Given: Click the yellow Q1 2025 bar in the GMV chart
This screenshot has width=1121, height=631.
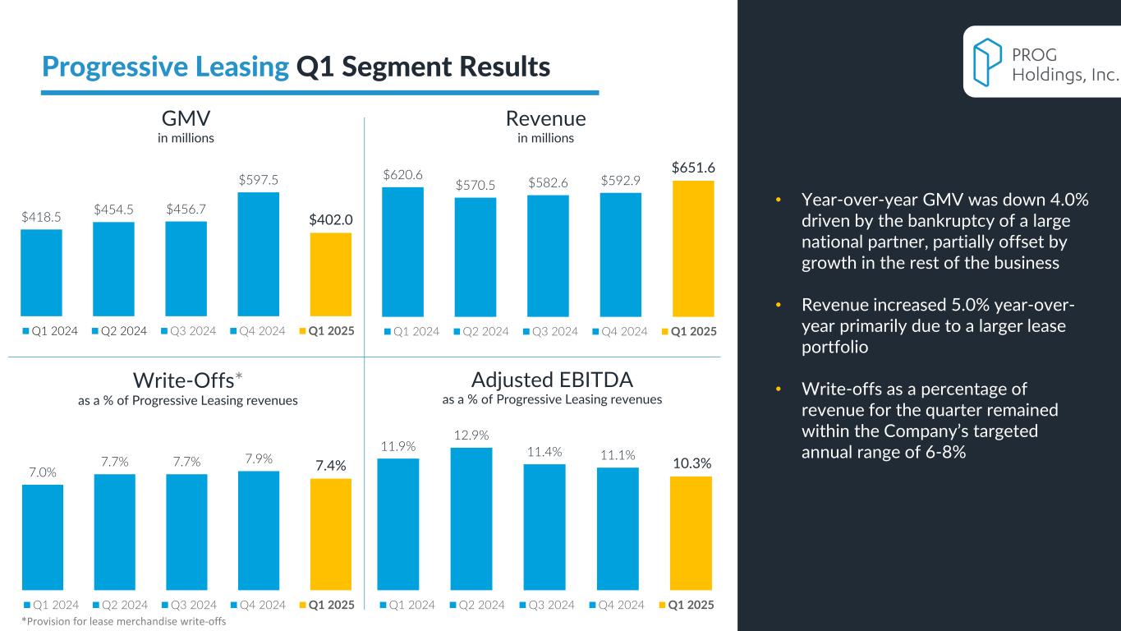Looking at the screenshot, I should point(331,274).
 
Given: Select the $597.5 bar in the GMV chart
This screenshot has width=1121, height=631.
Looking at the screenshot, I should point(259,254).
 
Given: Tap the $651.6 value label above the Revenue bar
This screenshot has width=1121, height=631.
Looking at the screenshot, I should point(693,168).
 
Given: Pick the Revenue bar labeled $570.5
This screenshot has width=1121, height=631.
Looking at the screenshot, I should point(476,256).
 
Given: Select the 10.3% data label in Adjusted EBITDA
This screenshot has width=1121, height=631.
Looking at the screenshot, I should point(691,463).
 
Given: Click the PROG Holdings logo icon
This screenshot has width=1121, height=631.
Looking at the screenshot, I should point(986,62).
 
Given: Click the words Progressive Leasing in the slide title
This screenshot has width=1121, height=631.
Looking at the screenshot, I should point(164,67).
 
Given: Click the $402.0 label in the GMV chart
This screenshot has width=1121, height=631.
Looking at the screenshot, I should point(331,220).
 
